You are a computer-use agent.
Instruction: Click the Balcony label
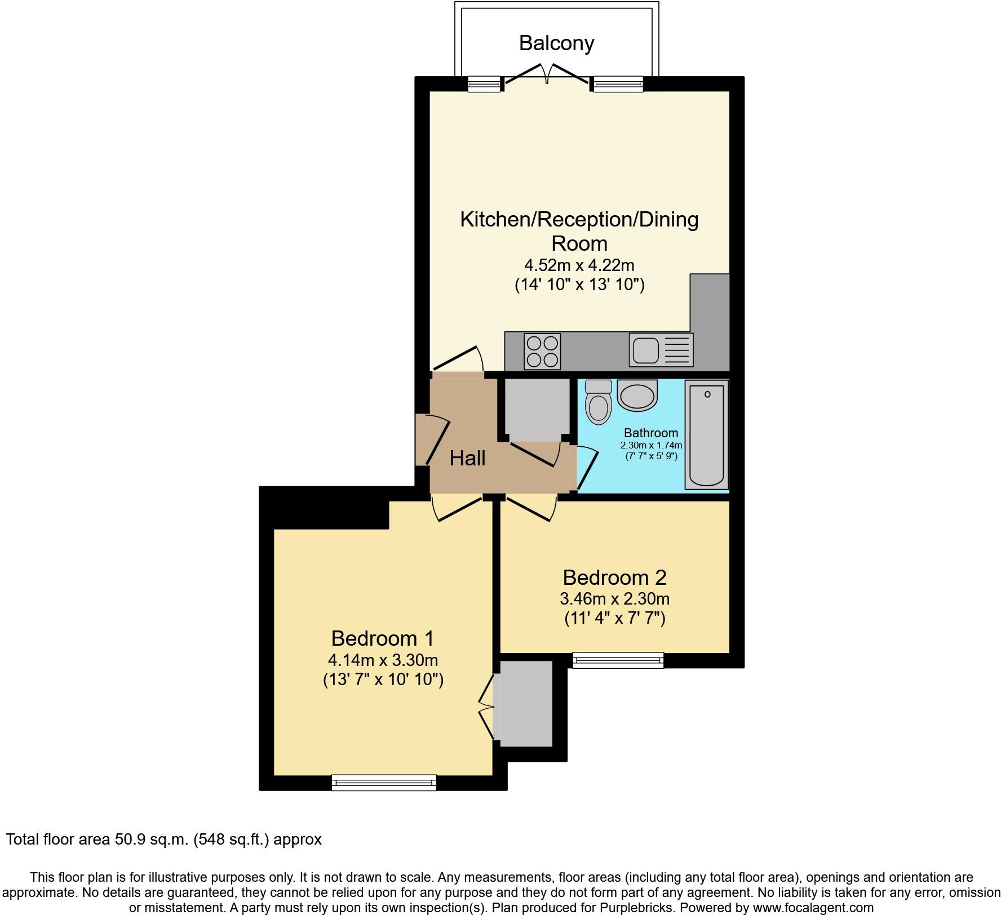[x=556, y=43]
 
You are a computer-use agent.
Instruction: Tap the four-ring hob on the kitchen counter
[x=542, y=352]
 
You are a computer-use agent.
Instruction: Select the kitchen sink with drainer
[x=661, y=350]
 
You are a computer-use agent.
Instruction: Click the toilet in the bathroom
[x=598, y=402]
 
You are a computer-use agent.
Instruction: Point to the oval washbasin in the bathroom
[x=637, y=395]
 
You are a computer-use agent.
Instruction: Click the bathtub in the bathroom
[x=706, y=434]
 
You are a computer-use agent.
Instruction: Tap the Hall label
[x=467, y=459]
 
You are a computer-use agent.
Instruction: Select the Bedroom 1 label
[x=383, y=638]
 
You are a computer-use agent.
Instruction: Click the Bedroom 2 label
[x=614, y=578]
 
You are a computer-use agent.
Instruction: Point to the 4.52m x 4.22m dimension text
[x=579, y=265]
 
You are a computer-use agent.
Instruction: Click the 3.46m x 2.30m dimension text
[x=614, y=599]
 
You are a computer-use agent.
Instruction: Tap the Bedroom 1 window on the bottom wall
[x=384, y=782]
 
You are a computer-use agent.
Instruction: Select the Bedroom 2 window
[x=618, y=660]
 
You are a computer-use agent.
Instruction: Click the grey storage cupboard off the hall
[x=537, y=407]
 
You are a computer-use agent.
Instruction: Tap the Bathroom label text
[x=651, y=433]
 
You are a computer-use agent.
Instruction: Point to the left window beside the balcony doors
[x=485, y=85]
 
